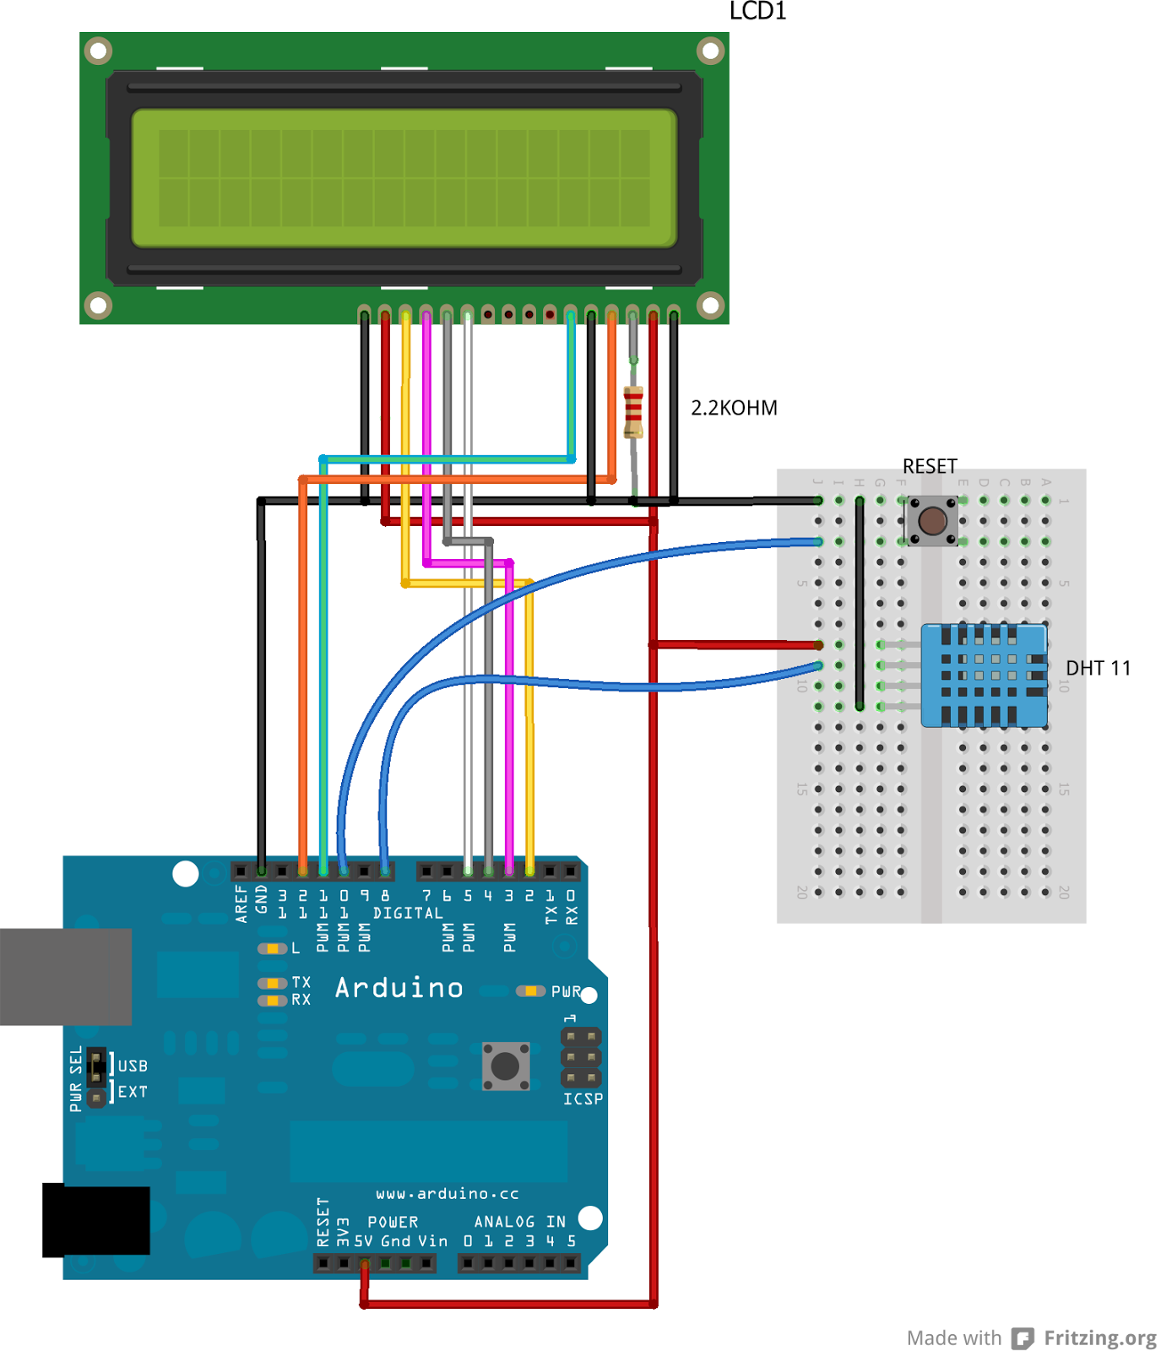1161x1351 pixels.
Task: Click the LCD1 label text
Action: pos(757,11)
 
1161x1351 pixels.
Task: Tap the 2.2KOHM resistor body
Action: pos(633,411)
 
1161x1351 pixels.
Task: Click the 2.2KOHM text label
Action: pos(734,408)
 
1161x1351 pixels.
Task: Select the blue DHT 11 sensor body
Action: pos(984,675)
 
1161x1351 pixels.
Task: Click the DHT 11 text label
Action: pos(1098,668)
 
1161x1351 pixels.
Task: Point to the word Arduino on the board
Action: pos(399,987)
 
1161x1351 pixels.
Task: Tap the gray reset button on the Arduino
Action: pos(506,1066)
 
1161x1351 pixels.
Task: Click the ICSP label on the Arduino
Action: pos(583,1099)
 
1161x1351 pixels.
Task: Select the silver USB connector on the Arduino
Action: pos(65,976)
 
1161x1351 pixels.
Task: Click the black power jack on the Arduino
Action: pos(95,1220)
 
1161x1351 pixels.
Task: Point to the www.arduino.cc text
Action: pos(447,1193)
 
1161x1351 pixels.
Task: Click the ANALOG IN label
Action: pos(519,1221)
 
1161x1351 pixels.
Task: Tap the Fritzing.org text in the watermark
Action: pos(1099,1337)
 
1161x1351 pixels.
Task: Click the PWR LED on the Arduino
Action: pos(530,990)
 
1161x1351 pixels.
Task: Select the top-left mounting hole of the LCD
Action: pos(99,51)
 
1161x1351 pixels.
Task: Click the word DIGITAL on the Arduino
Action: pos(408,913)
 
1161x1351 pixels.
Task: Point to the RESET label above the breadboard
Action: pos(930,466)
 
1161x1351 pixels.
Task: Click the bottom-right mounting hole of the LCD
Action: pos(710,304)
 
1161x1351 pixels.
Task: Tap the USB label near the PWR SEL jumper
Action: pos(133,1066)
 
